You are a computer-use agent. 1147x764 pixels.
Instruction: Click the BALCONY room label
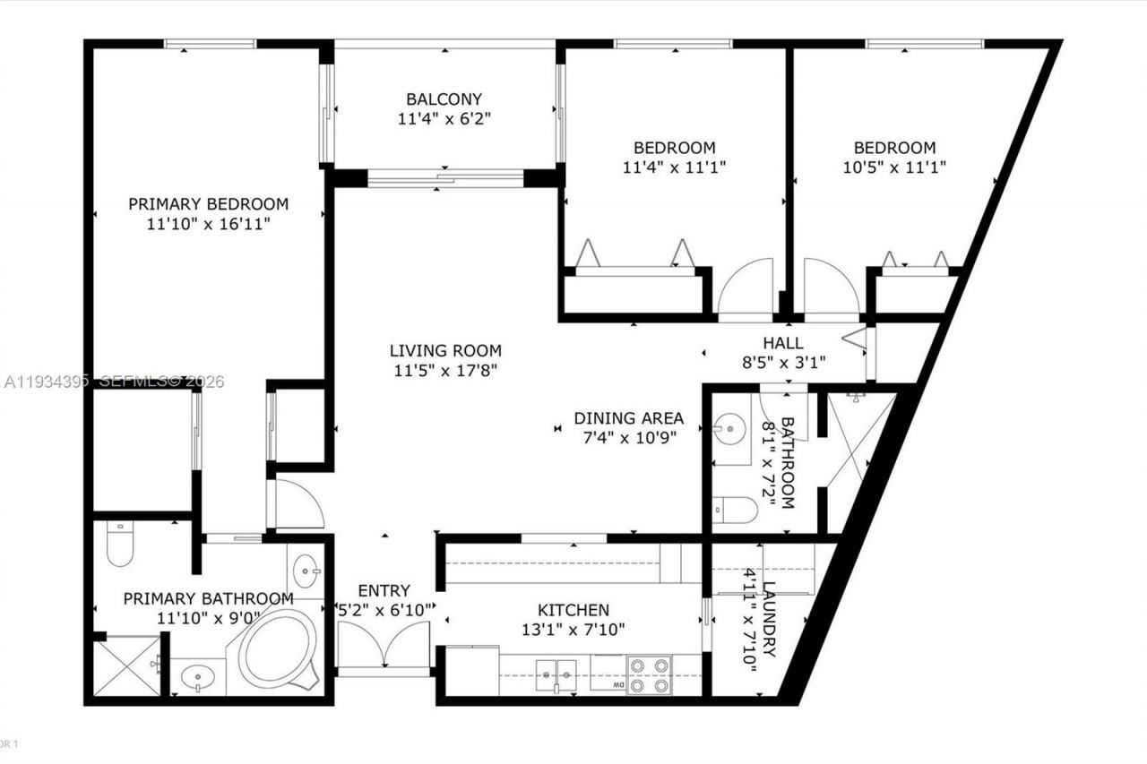click(x=444, y=99)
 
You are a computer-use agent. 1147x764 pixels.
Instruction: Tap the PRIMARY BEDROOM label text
click(x=208, y=204)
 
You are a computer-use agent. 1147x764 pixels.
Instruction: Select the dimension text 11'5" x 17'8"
click(x=445, y=369)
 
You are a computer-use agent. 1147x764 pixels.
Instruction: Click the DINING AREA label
click(x=628, y=418)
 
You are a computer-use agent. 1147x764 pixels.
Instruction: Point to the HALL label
click(x=782, y=343)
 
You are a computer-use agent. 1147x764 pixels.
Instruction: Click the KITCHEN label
click(x=573, y=610)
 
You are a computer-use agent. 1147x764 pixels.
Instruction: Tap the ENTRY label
click(x=384, y=591)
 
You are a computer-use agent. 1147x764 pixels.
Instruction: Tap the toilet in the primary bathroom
click(x=118, y=545)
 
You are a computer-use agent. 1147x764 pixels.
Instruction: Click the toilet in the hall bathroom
click(x=735, y=509)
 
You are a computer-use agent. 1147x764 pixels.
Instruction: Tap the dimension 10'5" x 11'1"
click(x=893, y=167)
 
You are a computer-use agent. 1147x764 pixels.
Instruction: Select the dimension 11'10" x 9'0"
click(x=208, y=617)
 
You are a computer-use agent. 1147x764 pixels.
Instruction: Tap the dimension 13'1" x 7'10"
click(x=573, y=629)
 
